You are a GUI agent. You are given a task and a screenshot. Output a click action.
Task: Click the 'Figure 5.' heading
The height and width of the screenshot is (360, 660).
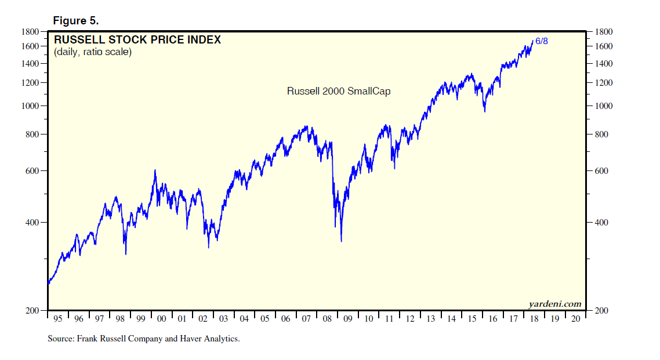click(75, 20)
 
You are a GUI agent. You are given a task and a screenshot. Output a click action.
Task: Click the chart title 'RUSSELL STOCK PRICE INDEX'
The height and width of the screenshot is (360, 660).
click(137, 40)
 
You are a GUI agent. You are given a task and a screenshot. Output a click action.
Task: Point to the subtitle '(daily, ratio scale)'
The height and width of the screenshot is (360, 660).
click(93, 52)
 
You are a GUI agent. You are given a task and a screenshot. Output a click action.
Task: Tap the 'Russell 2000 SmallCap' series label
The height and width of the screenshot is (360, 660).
click(339, 91)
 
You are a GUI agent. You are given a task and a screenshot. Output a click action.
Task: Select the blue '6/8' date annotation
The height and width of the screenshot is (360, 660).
click(541, 41)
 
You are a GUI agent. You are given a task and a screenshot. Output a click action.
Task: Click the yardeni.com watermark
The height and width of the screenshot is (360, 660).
click(554, 303)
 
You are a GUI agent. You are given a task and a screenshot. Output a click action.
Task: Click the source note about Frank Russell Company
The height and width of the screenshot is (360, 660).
click(143, 339)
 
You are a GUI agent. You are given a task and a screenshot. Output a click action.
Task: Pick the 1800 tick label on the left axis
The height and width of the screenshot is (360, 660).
click(31, 32)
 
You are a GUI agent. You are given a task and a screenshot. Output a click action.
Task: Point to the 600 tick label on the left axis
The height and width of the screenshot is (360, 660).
click(33, 172)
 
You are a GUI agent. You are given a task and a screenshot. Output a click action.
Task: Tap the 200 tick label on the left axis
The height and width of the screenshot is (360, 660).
click(33, 311)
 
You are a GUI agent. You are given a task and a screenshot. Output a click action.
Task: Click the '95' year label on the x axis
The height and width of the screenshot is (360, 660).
click(58, 319)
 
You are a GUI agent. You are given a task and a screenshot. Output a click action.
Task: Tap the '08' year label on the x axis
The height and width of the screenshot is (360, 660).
click(327, 319)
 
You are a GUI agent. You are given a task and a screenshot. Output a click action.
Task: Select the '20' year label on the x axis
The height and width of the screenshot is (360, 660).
click(575, 319)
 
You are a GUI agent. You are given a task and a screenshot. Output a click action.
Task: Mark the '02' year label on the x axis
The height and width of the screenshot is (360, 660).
click(203, 319)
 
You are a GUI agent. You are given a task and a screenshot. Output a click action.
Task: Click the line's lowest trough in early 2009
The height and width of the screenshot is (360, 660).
click(341, 241)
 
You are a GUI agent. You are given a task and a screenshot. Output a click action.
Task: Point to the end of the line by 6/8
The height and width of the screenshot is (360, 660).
click(533, 41)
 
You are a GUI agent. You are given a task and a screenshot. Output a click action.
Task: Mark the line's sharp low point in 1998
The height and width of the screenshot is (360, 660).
click(126, 253)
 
